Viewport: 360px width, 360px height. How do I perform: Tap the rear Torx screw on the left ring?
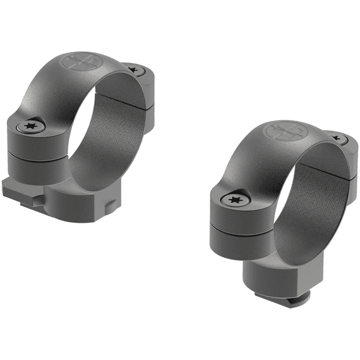(x=133, y=70)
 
